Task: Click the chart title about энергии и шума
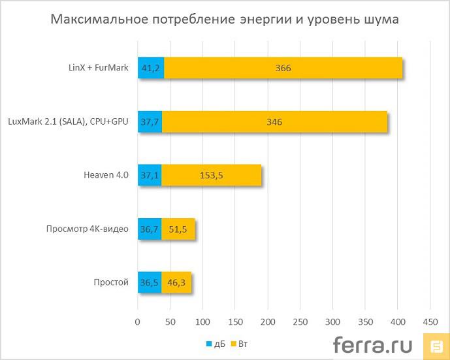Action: point(225,20)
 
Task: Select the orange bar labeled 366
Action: point(283,68)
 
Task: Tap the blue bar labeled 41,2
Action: point(151,68)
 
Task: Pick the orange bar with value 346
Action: point(274,122)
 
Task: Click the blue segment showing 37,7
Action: point(150,122)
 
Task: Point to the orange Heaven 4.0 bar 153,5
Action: point(212,175)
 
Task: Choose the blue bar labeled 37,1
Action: point(150,175)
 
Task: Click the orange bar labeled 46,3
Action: point(176,282)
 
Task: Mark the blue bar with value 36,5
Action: point(150,282)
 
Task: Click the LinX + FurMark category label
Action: point(99,67)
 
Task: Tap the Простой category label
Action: point(111,282)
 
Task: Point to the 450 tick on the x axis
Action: point(430,322)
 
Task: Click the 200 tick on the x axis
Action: point(267,322)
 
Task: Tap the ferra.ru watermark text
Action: point(374,344)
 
